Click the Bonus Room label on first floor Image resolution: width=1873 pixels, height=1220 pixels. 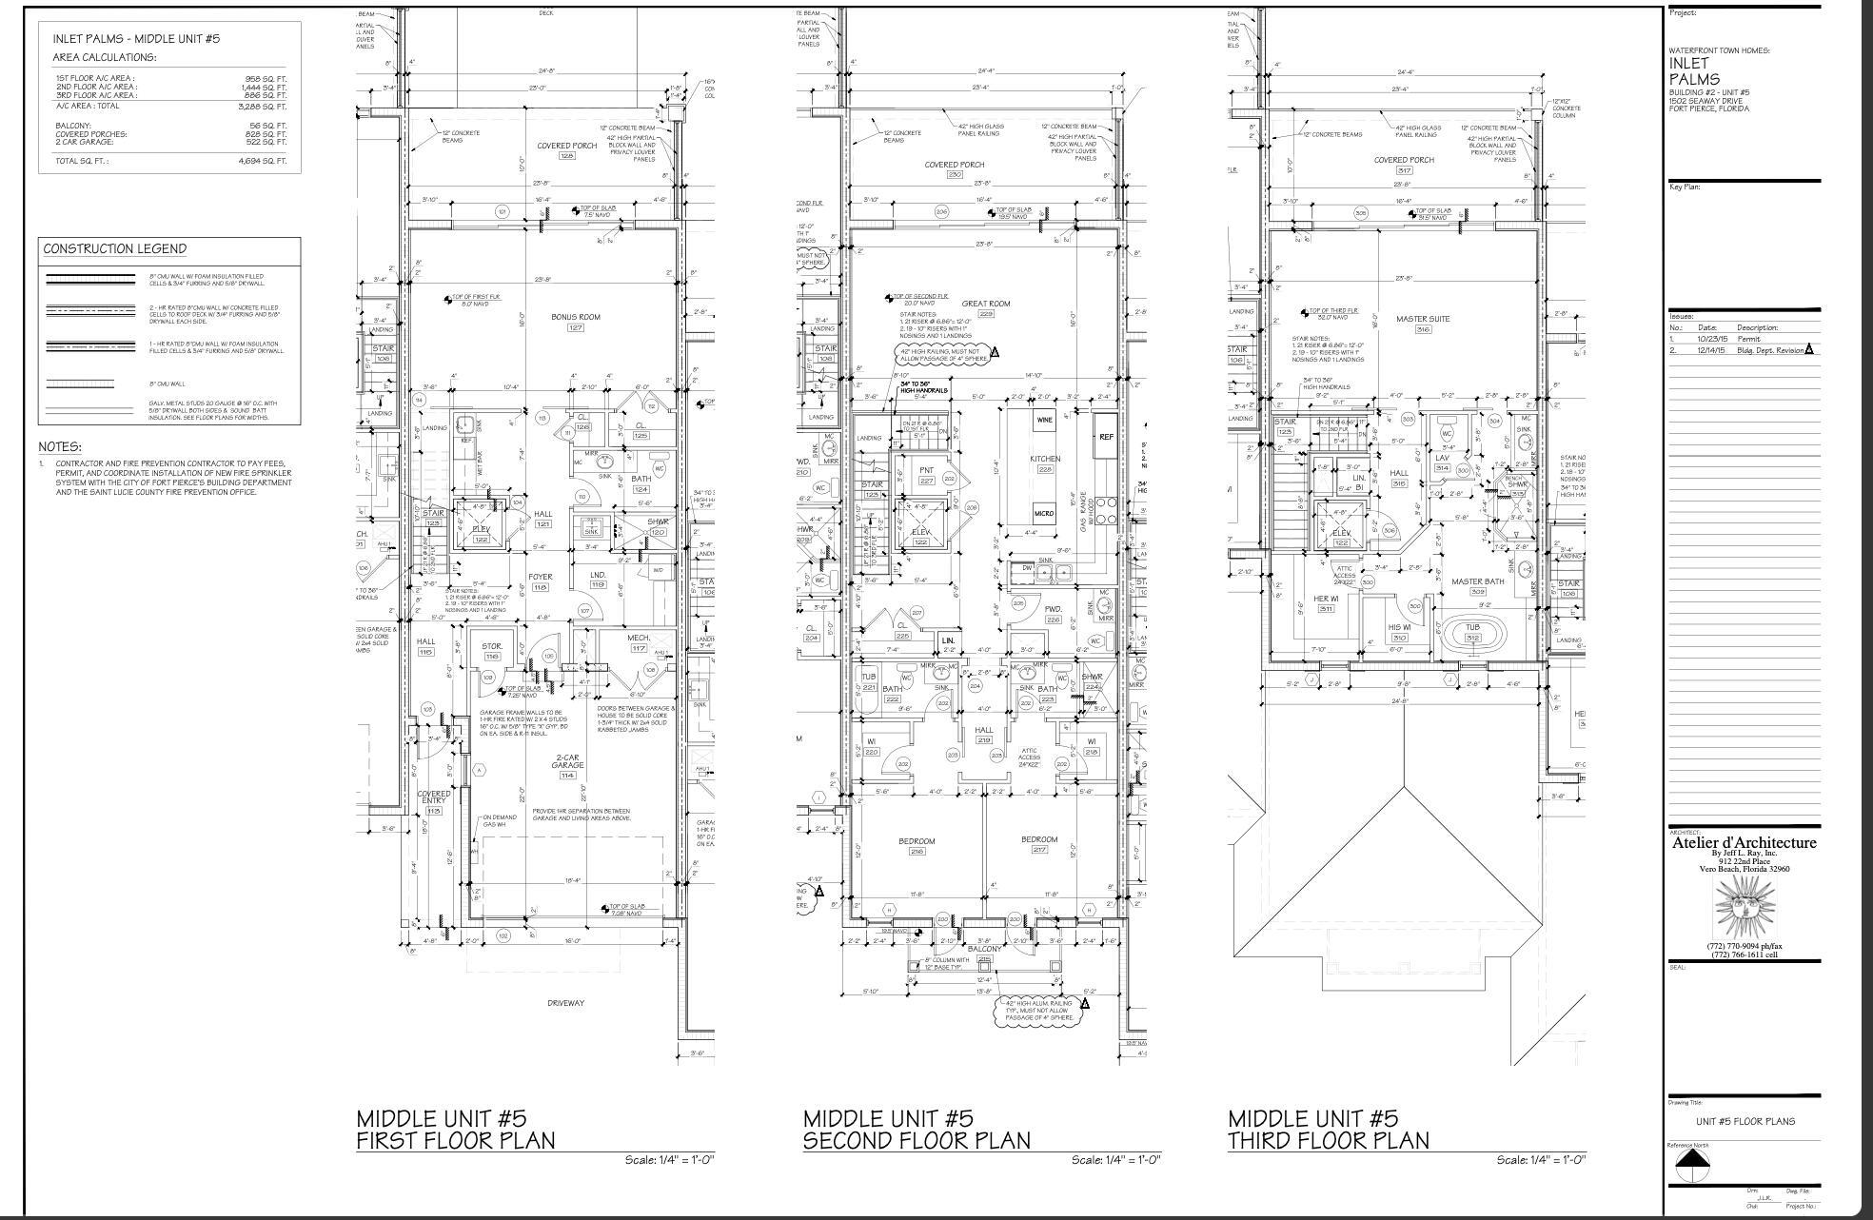pos(575,317)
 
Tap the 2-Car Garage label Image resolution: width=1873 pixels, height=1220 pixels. pos(567,761)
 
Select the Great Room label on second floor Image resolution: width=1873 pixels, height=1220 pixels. pos(985,304)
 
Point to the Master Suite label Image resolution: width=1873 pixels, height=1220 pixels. pos(1423,319)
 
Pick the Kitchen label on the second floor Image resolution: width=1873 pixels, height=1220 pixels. pos(1045,459)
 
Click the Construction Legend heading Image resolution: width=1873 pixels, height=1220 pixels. pos(114,249)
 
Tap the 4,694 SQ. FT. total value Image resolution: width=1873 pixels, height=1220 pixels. pos(263,162)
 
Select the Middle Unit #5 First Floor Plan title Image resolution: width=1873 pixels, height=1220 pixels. pos(455,1129)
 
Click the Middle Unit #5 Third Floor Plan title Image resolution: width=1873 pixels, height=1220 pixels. pos(1328,1129)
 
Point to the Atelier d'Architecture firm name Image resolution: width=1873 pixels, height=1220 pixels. pos(1744,843)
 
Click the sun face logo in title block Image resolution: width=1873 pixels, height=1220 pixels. pos(1745,907)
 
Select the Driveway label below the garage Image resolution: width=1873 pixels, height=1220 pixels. pos(565,1003)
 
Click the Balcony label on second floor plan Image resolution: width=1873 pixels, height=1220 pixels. pos(984,949)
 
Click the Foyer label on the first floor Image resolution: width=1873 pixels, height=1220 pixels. pos(541,577)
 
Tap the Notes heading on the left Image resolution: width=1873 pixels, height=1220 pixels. pos(60,446)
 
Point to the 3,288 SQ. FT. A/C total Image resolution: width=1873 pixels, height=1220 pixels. pos(263,107)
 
